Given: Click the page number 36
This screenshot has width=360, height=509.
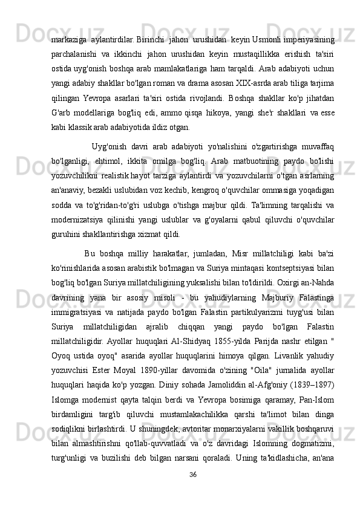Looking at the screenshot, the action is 192,489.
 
